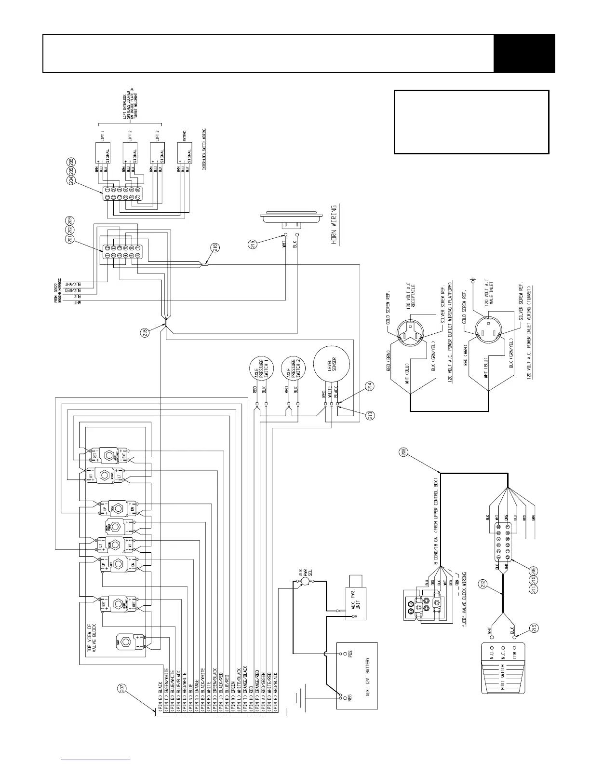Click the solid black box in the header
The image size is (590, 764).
524,53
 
